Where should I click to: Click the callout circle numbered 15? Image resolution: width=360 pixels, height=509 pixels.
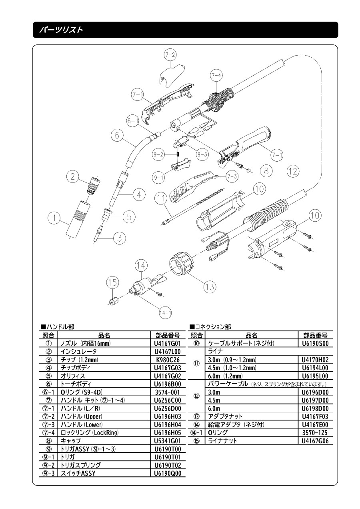[x=112, y=283]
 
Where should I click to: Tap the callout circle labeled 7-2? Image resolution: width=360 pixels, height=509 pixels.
[x=170, y=55]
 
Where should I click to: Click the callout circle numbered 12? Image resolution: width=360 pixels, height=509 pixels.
[x=293, y=172]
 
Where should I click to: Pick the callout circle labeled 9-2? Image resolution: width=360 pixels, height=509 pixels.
[x=159, y=154]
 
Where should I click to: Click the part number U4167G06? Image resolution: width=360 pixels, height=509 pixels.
[x=315, y=441]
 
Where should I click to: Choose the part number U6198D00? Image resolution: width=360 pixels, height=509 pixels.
[x=315, y=408]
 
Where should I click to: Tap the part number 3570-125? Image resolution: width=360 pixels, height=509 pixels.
[x=315, y=433]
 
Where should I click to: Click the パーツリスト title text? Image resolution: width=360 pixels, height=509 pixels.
[x=61, y=30]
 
